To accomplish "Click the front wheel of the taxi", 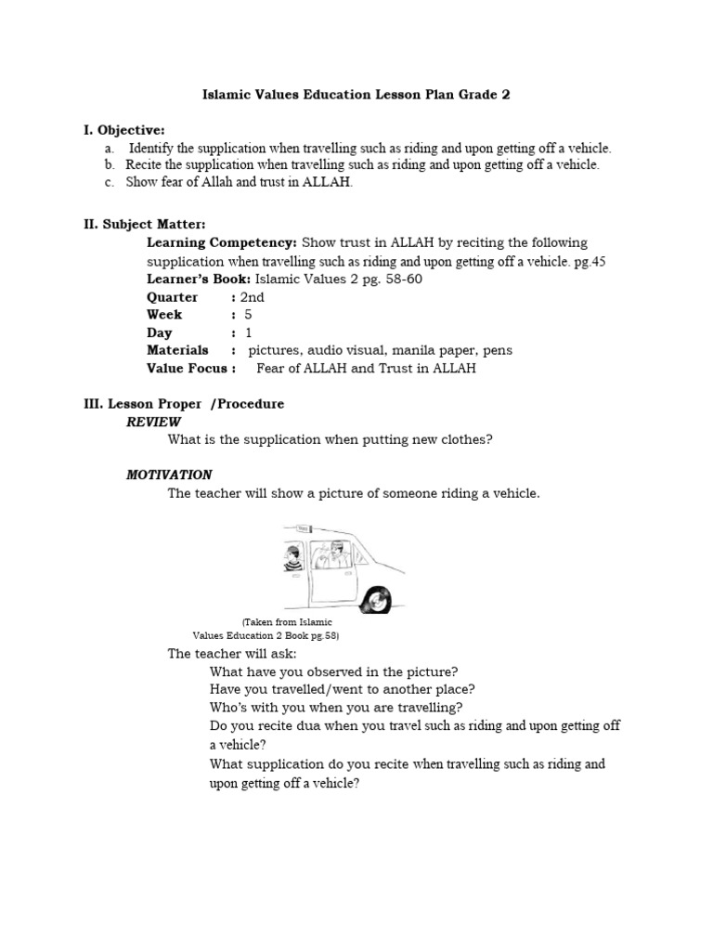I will point(380,597).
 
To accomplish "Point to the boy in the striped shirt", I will point(292,558).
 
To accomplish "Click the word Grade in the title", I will point(469,95).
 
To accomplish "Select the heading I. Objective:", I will point(124,130).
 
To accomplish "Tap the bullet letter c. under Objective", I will point(109,182).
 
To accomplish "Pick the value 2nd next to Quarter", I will point(252,297).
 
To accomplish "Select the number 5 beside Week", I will point(249,315).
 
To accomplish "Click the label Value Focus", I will point(188,368).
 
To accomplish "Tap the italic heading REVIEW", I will point(153,422).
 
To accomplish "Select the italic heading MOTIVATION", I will point(169,475).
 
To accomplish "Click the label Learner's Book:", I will point(199,280).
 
